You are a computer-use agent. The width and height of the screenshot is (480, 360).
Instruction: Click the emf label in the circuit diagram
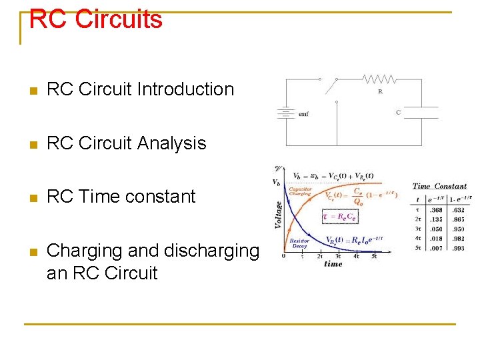pyautogui.click(x=303, y=114)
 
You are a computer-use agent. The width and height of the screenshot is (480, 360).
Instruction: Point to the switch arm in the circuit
pyautogui.click(x=329, y=87)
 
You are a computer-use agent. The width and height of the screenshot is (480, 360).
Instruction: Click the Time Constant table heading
pyautogui.click(x=439, y=187)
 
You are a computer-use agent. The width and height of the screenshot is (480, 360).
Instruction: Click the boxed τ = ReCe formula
pyautogui.click(x=339, y=216)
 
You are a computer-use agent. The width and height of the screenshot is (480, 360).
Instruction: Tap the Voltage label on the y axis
pyautogui.click(x=278, y=207)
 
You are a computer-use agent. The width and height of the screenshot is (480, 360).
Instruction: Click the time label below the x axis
pyautogui.click(x=333, y=264)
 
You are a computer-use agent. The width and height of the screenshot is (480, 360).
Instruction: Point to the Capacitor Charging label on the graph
pyautogui.click(x=300, y=192)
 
